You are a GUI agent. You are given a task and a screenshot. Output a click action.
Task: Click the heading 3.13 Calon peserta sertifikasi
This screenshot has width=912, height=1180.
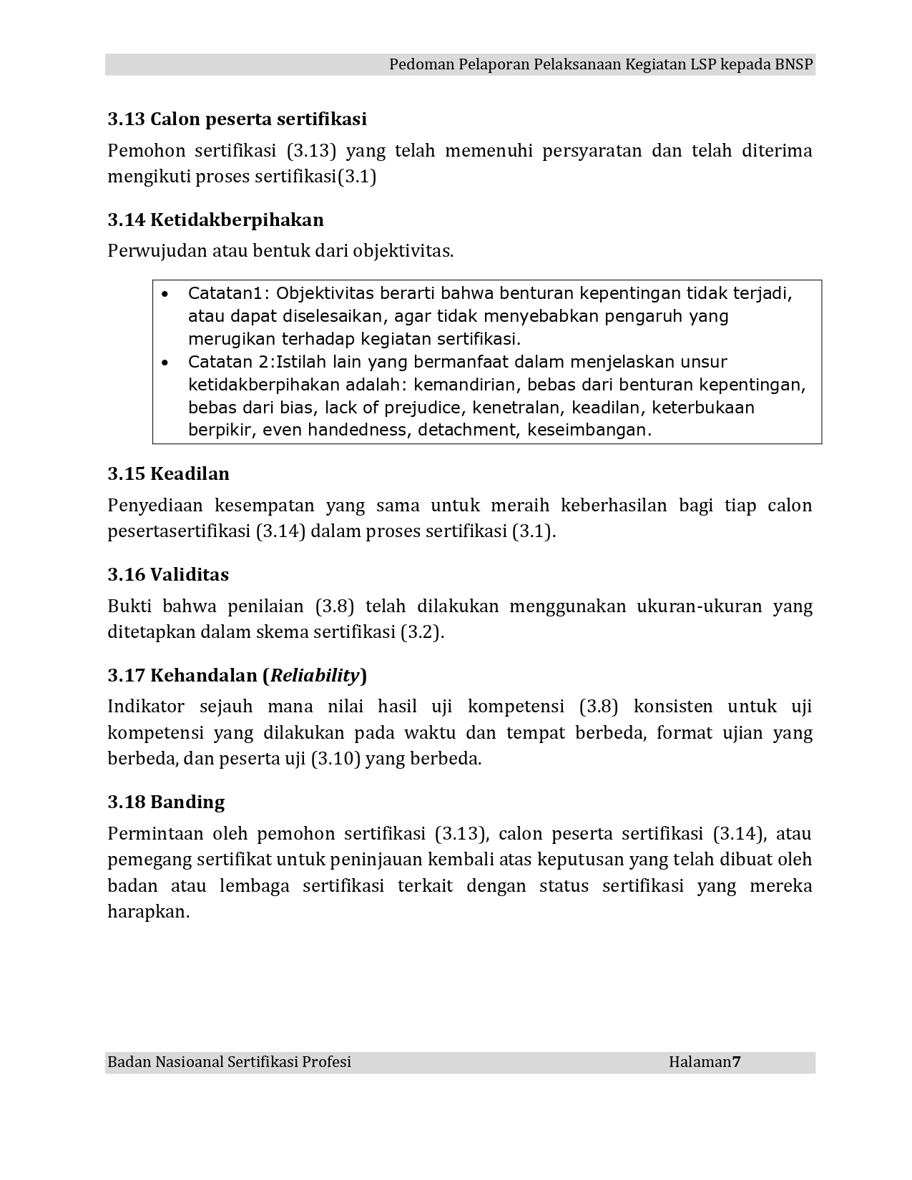pos(237,119)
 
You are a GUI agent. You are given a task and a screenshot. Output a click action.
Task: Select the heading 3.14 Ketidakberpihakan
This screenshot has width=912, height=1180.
pos(215,220)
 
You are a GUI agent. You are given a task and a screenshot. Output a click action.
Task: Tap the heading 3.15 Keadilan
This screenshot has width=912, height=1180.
pos(169,473)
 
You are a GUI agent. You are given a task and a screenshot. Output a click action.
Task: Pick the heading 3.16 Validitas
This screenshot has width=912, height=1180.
pos(168,574)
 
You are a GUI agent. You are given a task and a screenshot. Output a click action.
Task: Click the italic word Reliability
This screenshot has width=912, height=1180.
pos(315,675)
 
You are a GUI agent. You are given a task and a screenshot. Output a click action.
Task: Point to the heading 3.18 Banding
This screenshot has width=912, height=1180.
pos(166,802)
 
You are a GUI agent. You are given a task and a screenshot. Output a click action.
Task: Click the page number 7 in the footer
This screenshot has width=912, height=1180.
pos(736,1062)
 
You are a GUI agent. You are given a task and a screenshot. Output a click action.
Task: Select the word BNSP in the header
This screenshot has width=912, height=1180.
pos(794,64)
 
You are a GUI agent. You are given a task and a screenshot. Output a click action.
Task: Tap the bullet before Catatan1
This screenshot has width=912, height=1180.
pos(166,294)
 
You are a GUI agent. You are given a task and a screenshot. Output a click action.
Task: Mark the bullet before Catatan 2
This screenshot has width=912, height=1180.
pos(166,363)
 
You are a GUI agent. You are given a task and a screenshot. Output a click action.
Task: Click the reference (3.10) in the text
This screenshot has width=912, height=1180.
pos(335,759)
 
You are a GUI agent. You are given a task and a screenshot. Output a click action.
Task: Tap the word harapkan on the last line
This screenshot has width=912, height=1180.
pos(147,913)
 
